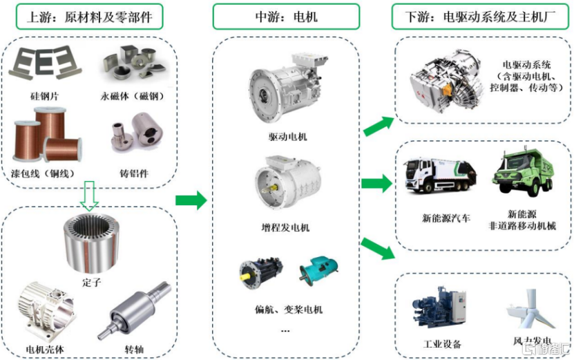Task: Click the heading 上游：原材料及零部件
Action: pos(89,17)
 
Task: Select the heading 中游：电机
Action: pos(286,17)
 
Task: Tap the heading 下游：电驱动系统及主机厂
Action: pos(480,17)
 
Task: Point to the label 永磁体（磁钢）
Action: pos(133,96)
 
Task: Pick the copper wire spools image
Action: pos(47,135)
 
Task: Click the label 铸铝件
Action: pos(134,173)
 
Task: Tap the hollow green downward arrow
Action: pos(89,196)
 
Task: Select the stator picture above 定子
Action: pos(91,243)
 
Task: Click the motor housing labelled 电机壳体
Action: pos(47,312)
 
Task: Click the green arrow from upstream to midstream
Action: pos(191,200)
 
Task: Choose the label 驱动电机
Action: pos(288,137)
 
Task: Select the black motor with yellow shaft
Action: pos(260,273)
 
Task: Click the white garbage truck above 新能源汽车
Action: pos(439,175)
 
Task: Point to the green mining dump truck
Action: pos(523,172)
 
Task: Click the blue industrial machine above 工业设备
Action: pos(439,307)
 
